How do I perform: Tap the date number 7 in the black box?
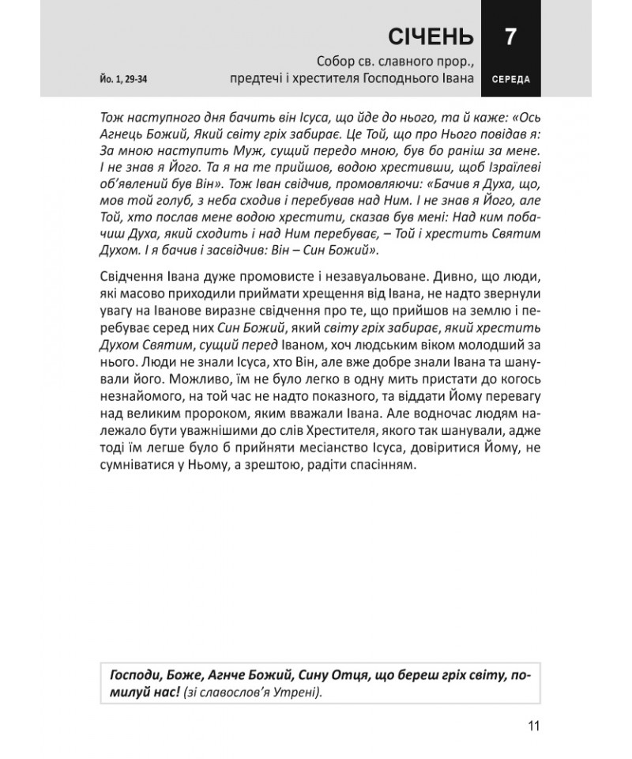[510, 36]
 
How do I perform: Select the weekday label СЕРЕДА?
[510, 80]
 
